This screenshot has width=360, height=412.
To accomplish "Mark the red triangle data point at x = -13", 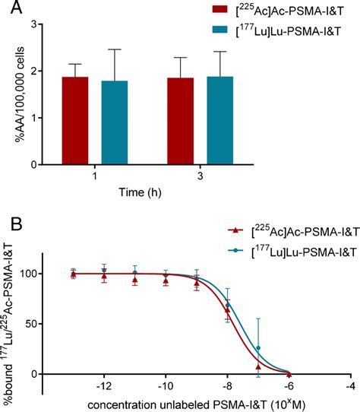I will pos(74,274).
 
